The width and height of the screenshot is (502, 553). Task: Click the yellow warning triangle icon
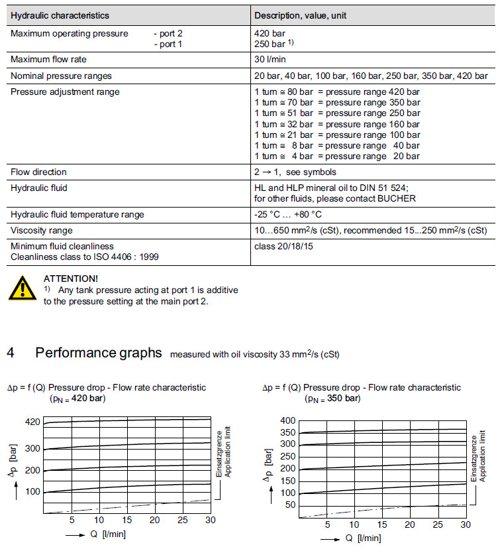23,287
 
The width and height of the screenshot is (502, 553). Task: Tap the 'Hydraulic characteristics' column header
60,15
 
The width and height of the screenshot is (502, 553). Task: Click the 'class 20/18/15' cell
284,246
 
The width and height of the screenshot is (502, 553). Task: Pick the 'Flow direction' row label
38,172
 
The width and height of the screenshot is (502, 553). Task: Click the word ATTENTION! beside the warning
70,278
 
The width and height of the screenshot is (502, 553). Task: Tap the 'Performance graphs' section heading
98,353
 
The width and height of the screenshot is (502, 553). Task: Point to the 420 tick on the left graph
32,422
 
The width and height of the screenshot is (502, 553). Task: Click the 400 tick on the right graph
288,420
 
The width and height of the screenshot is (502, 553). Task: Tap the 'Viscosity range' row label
42,230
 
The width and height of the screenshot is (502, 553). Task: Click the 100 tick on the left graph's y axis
32,491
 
